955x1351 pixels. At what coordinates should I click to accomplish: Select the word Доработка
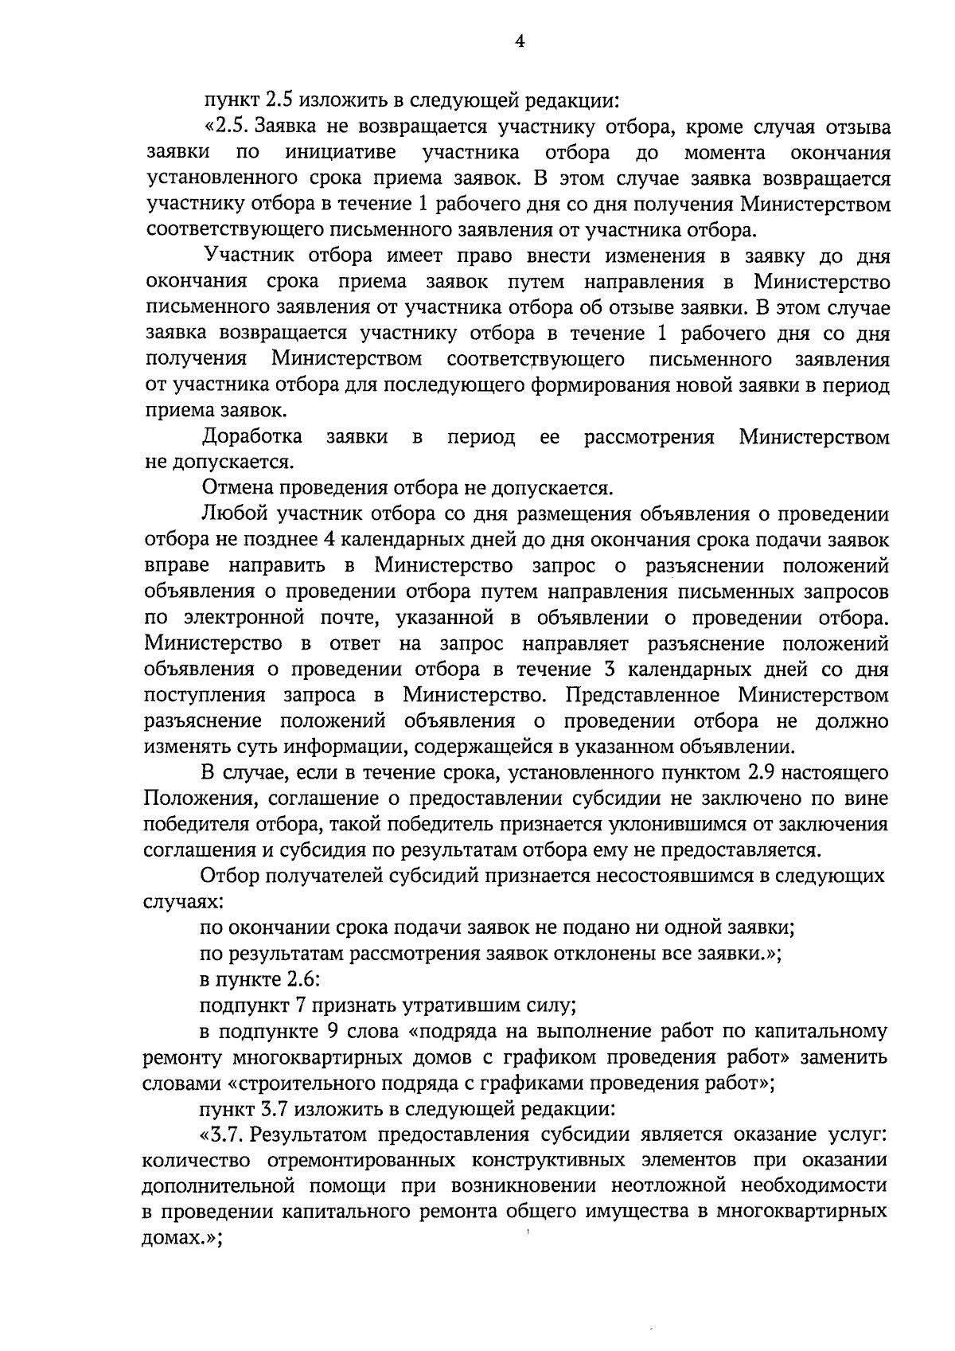coord(252,437)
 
